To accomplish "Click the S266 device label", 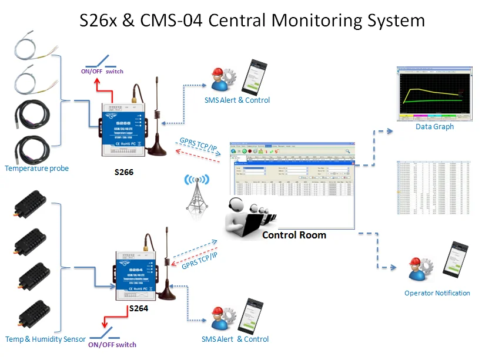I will coord(123,174).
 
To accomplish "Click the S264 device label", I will coord(139,308).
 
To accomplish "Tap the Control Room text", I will coord(294,235).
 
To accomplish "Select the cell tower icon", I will coord(196,194).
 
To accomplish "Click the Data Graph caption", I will coord(434,127).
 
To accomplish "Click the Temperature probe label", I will coord(36,169).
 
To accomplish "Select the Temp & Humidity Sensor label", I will coord(45,339).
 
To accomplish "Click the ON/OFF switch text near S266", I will coord(102,71).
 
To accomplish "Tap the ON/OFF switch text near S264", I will coord(112,345).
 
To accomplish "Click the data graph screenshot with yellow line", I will coord(434,93).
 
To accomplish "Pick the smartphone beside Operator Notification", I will coord(460,260).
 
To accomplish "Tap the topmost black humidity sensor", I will coord(28,204).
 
